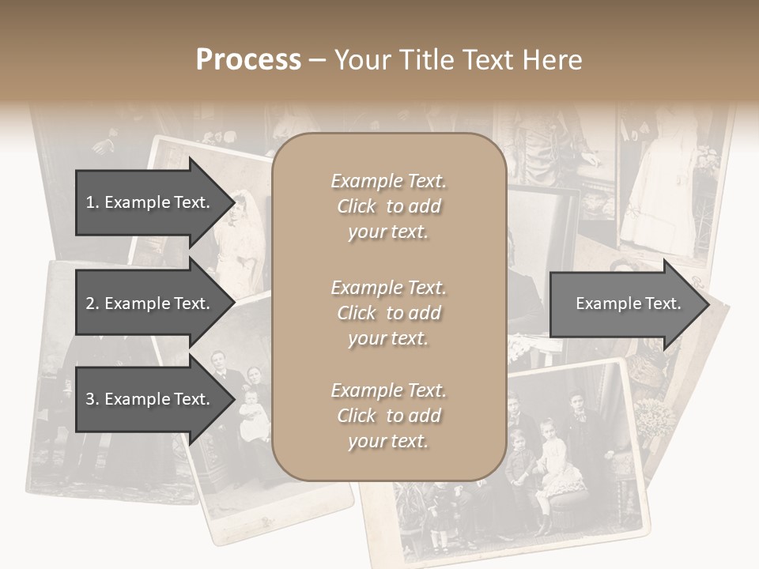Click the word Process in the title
point(248,59)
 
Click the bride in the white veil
point(247,229)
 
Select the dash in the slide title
point(317,60)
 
